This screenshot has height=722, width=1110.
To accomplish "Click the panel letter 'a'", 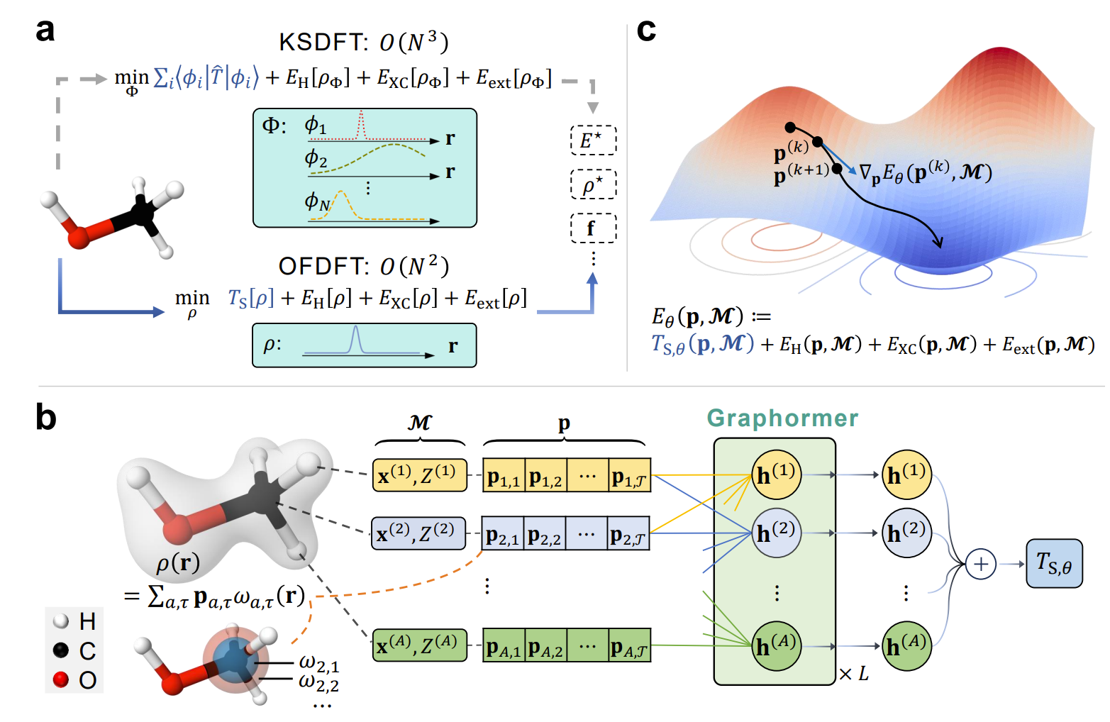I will pyautogui.click(x=45, y=31).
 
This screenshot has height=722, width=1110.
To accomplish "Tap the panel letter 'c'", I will pyautogui.click(x=646, y=31).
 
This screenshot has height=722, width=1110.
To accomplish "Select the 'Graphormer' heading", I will pyautogui.click(x=782, y=418).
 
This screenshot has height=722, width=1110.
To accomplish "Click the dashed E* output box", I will pyautogui.click(x=593, y=140).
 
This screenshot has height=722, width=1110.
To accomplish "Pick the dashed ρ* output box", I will pyautogui.click(x=593, y=185).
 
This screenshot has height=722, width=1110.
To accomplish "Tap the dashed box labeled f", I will pyautogui.click(x=593, y=228).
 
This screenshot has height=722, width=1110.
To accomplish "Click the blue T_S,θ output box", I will pyautogui.click(x=1054, y=564).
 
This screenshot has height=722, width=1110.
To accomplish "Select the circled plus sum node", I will pyautogui.click(x=981, y=564).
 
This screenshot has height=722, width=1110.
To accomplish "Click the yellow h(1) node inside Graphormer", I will pyautogui.click(x=777, y=474).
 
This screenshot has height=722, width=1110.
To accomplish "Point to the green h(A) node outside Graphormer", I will pyautogui.click(x=906, y=645).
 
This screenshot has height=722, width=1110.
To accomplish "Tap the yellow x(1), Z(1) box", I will pyautogui.click(x=420, y=475).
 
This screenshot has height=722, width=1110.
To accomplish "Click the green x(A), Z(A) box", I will pyautogui.click(x=420, y=645).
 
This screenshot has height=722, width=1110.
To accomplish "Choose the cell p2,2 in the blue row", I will pyautogui.click(x=545, y=534).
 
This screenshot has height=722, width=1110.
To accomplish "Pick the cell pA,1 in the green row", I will pyautogui.click(x=504, y=645).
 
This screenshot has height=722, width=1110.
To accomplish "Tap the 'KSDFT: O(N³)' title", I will pyautogui.click(x=363, y=43).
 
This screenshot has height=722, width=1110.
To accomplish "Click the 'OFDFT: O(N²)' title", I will pyautogui.click(x=363, y=267).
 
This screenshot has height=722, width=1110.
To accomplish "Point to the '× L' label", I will pyautogui.click(x=854, y=674).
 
